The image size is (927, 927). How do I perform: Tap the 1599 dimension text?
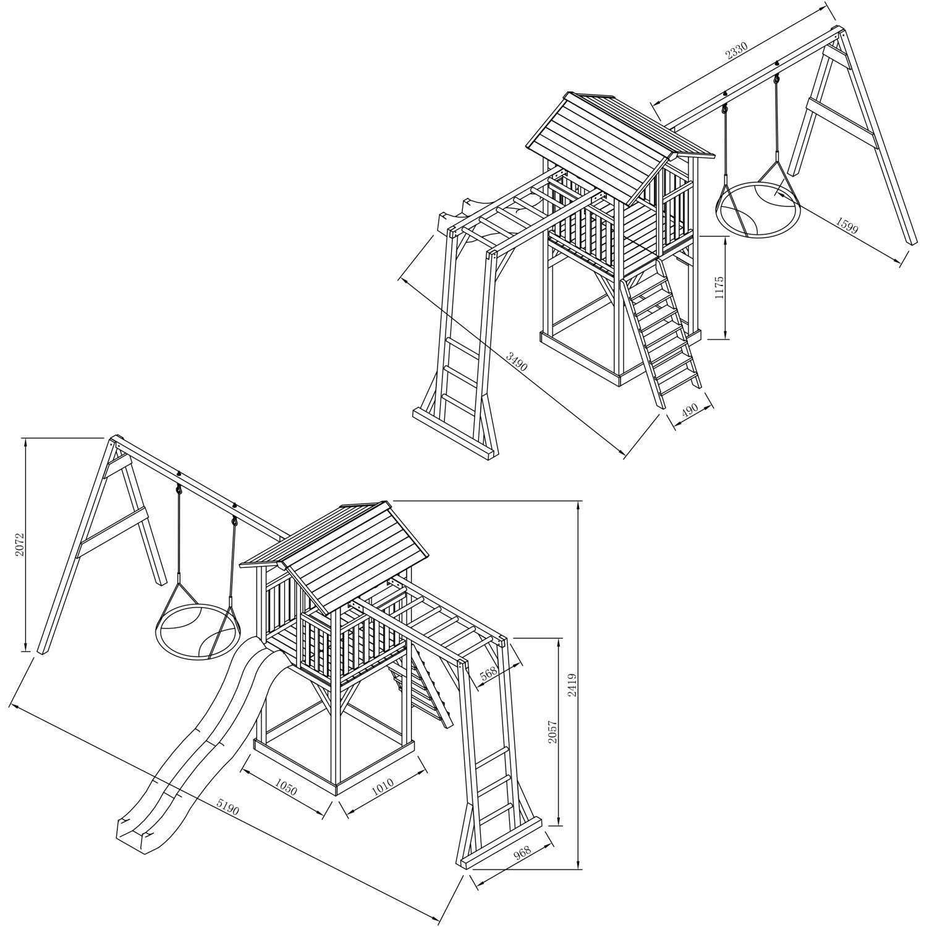pyautogui.click(x=846, y=225)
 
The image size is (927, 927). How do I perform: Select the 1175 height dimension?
pyautogui.click(x=719, y=288)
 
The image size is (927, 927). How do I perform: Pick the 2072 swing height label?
pyautogui.click(x=20, y=544)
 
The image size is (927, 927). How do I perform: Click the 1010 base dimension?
pyautogui.click(x=383, y=786)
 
